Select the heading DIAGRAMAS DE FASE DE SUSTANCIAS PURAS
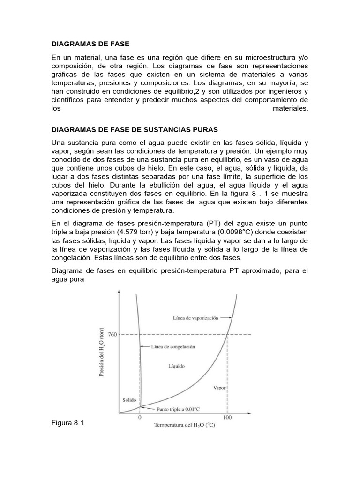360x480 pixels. (135, 129)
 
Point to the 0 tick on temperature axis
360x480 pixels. (140, 418)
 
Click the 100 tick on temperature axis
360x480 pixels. (227, 418)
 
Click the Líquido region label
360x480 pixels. (176, 365)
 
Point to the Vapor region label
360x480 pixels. (219, 388)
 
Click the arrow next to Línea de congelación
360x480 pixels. (145, 347)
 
